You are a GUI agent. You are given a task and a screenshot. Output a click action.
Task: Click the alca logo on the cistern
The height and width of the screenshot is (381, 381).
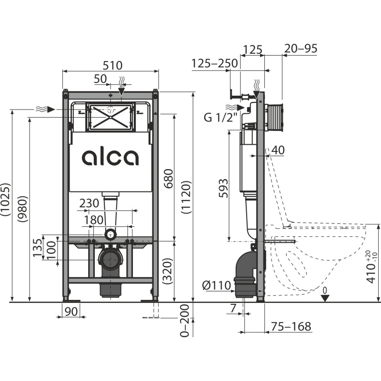(110, 157)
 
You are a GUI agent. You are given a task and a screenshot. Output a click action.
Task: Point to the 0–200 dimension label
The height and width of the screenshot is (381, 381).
(186, 320)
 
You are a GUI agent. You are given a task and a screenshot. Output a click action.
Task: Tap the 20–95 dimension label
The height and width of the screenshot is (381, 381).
(301, 49)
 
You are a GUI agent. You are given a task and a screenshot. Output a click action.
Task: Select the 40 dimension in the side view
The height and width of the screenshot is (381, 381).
(278, 150)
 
